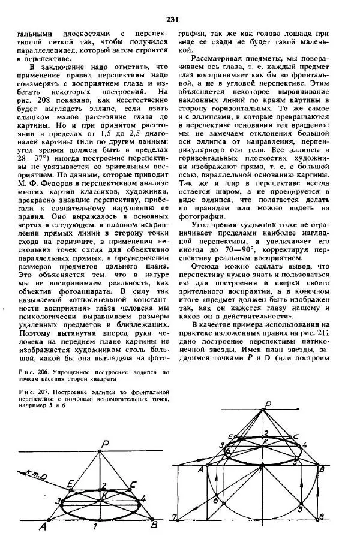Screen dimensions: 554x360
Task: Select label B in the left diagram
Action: coord(154,526)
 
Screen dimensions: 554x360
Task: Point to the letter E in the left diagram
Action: coord(71,482)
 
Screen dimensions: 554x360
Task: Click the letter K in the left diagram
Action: coord(103,495)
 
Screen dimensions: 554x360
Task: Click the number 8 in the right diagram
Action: coord(321,517)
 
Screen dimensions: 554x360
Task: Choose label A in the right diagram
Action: coord(200,469)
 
